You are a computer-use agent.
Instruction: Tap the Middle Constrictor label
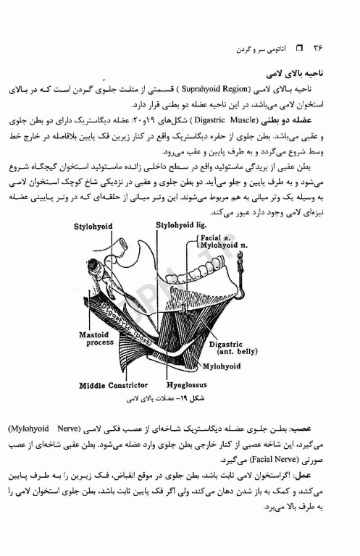tap(114, 385)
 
